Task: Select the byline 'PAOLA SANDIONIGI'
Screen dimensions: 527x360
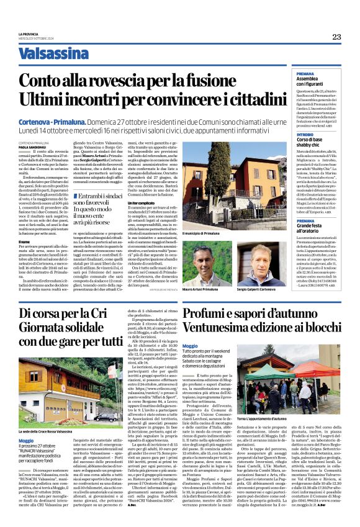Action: tap(32, 146)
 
